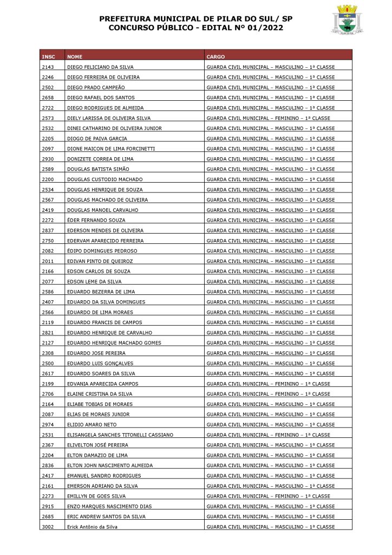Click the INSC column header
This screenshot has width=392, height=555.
point(48,56)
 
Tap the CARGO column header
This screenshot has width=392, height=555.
point(215,56)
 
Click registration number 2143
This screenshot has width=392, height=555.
point(47,67)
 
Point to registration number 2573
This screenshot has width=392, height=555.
point(47,118)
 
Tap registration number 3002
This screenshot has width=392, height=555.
point(47,527)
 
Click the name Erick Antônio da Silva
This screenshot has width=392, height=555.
point(92,527)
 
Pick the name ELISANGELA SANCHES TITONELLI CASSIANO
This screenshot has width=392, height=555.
point(120,435)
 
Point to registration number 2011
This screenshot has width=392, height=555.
point(47,261)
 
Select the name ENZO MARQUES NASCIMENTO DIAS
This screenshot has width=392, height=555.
point(109,506)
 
